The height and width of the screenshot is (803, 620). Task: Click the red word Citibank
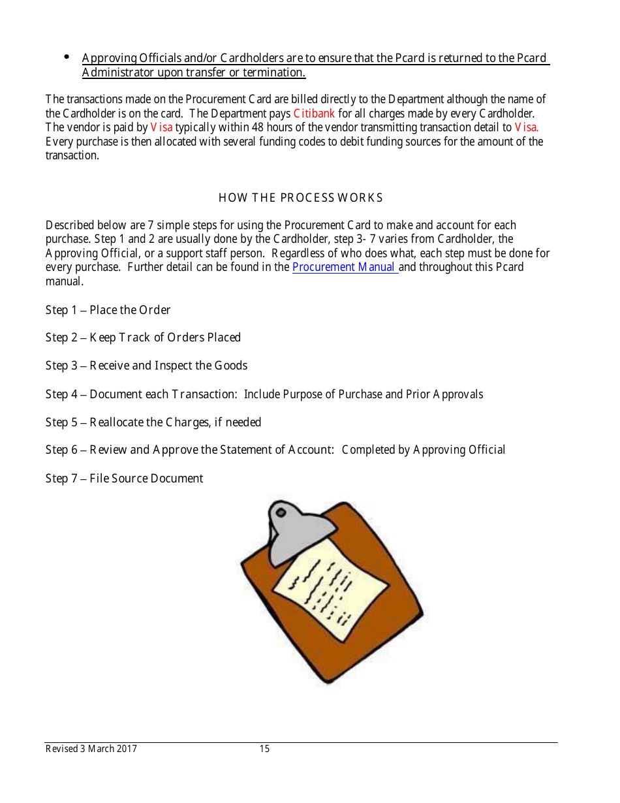314,114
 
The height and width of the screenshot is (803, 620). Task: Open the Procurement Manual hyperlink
345,267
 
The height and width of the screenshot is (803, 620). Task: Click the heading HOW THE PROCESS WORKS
300,198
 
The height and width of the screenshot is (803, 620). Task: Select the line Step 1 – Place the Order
108,310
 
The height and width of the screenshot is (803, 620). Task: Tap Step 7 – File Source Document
124,479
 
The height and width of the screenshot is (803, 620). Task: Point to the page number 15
264,749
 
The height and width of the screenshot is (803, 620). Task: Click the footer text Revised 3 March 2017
91,749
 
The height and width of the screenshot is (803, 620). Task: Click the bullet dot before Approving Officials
67,57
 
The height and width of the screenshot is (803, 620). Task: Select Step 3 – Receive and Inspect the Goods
146,366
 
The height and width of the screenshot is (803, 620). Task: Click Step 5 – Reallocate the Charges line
153,422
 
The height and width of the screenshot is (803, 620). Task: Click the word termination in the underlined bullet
274,72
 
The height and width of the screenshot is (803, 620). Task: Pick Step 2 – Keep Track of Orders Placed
143,338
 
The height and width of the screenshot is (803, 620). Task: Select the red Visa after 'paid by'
161,127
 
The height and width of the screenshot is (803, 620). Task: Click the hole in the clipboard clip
281,511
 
